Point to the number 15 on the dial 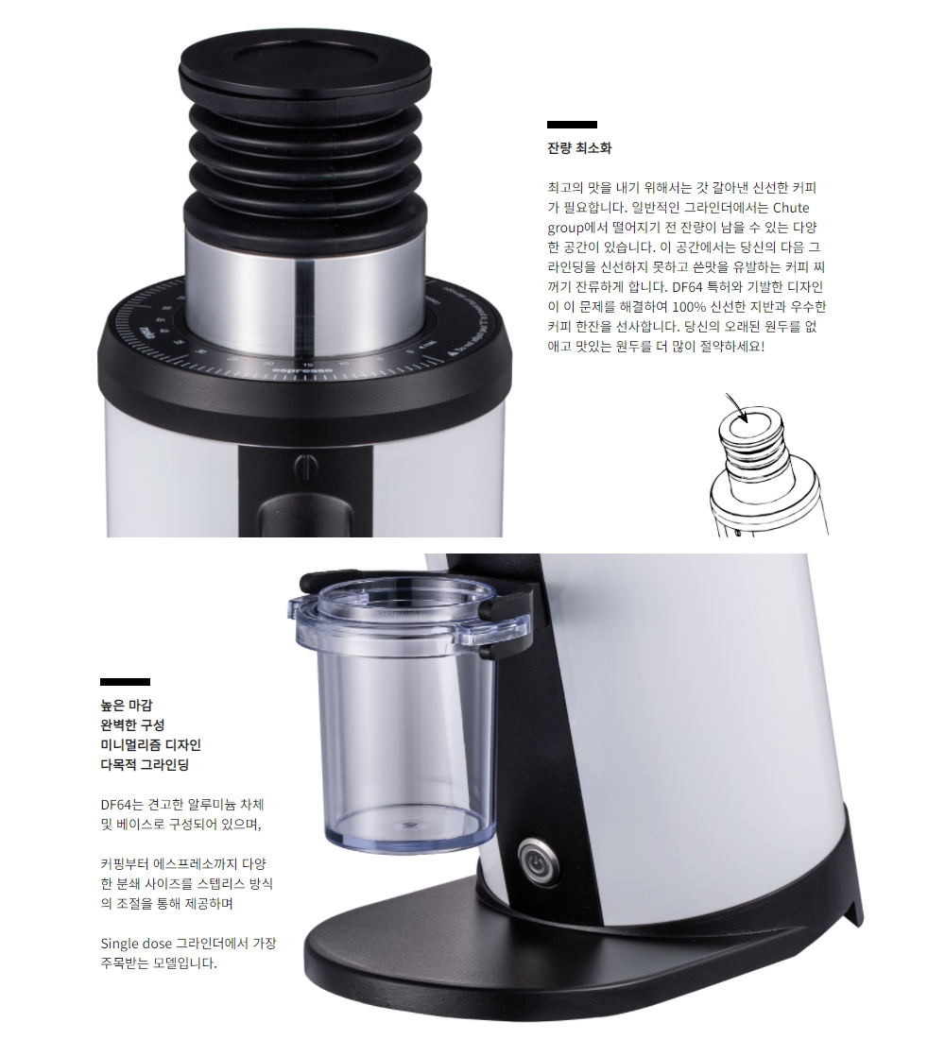tap(307, 365)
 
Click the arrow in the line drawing tap(737, 406)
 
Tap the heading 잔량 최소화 tap(579, 147)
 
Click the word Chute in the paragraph tap(791, 208)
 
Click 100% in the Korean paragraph tap(688, 307)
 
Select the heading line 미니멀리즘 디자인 tap(150, 745)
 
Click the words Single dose tap(136, 943)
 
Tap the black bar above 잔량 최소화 tap(572, 125)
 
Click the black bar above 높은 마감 tap(125, 682)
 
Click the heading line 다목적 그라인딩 tap(145, 765)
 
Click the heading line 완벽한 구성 tap(132, 724)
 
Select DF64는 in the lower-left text tap(121, 805)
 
